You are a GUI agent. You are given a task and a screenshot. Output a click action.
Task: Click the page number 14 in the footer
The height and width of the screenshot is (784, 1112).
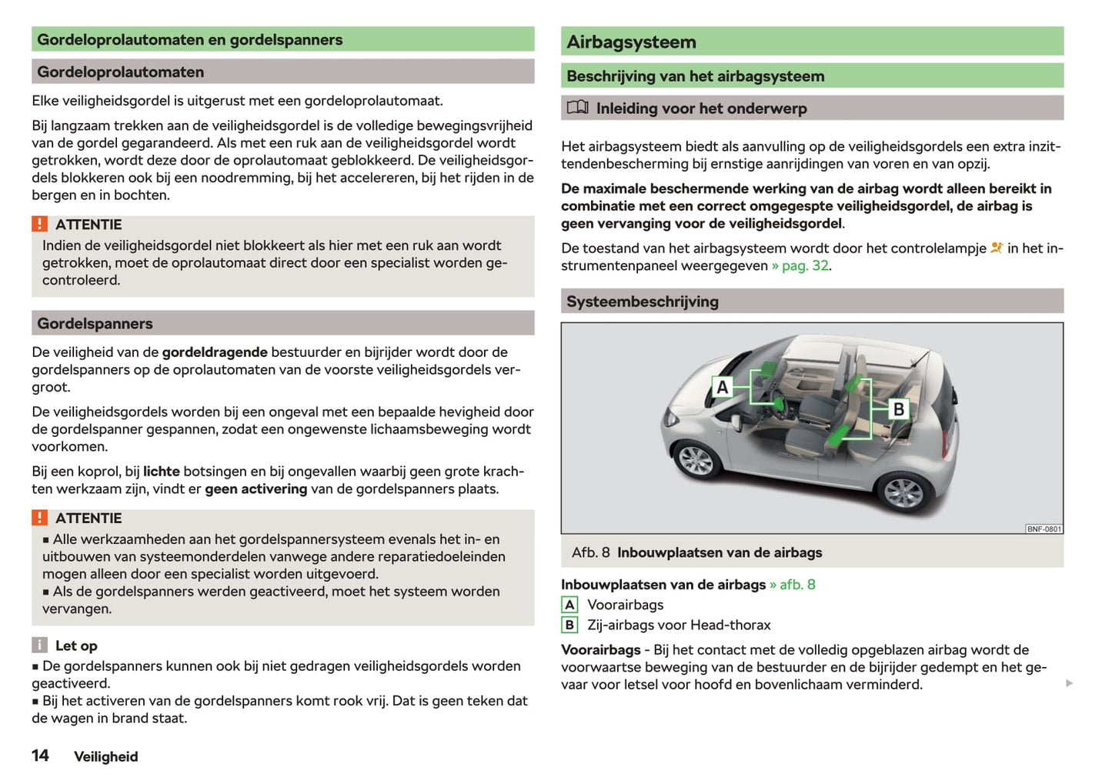click(40, 756)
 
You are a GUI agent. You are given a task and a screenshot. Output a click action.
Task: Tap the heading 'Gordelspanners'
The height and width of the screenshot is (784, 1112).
click(95, 324)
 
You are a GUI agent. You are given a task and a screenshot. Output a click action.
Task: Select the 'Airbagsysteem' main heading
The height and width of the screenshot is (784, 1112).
click(631, 42)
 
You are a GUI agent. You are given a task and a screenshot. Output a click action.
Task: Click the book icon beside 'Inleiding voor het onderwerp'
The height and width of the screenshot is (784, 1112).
click(577, 108)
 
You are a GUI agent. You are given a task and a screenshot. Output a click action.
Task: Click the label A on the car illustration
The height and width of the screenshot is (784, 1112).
click(722, 387)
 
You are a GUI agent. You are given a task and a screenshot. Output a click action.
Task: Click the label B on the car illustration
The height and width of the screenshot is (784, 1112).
click(897, 409)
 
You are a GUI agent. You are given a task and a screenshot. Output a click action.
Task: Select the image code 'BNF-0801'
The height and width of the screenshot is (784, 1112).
click(1044, 529)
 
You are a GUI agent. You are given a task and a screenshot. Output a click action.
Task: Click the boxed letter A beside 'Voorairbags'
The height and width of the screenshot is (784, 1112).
click(569, 605)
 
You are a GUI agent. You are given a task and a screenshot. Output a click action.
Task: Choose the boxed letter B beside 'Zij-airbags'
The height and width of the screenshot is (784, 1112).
click(569, 625)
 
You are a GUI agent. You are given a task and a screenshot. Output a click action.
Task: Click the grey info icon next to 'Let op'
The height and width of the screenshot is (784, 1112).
click(39, 646)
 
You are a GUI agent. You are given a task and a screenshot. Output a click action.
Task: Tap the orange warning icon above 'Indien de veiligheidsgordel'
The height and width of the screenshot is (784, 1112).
click(39, 224)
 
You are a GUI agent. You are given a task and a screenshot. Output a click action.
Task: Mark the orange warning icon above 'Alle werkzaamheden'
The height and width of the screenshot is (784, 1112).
click(39, 518)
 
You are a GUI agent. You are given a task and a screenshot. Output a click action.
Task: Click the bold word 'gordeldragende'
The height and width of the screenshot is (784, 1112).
click(215, 352)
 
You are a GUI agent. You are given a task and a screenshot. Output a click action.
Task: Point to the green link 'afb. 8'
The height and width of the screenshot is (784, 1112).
click(796, 585)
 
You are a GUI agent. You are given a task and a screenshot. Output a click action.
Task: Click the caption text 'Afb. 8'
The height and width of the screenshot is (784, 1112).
click(590, 552)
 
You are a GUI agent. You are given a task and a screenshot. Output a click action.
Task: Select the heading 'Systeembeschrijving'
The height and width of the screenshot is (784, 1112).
click(643, 302)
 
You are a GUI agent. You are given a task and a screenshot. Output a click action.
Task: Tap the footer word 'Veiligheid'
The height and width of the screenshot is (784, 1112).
click(106, 756)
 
